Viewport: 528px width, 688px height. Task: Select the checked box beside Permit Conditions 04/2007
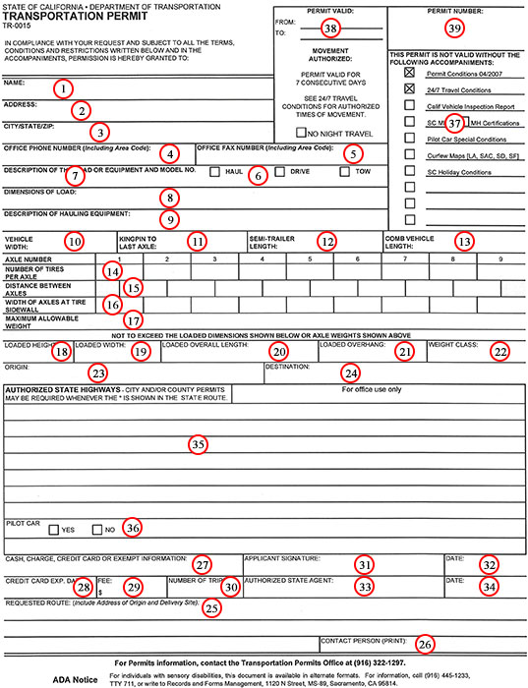click(x=409, y=74)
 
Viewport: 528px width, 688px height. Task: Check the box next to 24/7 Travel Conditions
click(x=409, y=88)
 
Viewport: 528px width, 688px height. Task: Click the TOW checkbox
click(x=344, y=172)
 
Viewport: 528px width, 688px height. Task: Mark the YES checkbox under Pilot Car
click(x=55, y=529)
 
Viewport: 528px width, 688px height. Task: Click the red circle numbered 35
click(x=199, y=444)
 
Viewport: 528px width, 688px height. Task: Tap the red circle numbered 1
click(x=62, y=88)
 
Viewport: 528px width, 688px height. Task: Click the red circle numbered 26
click(x=423, y=644)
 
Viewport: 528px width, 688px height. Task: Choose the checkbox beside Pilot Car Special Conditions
click(x=409, y=139)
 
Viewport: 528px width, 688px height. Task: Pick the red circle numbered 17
click(x=135, y=319)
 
